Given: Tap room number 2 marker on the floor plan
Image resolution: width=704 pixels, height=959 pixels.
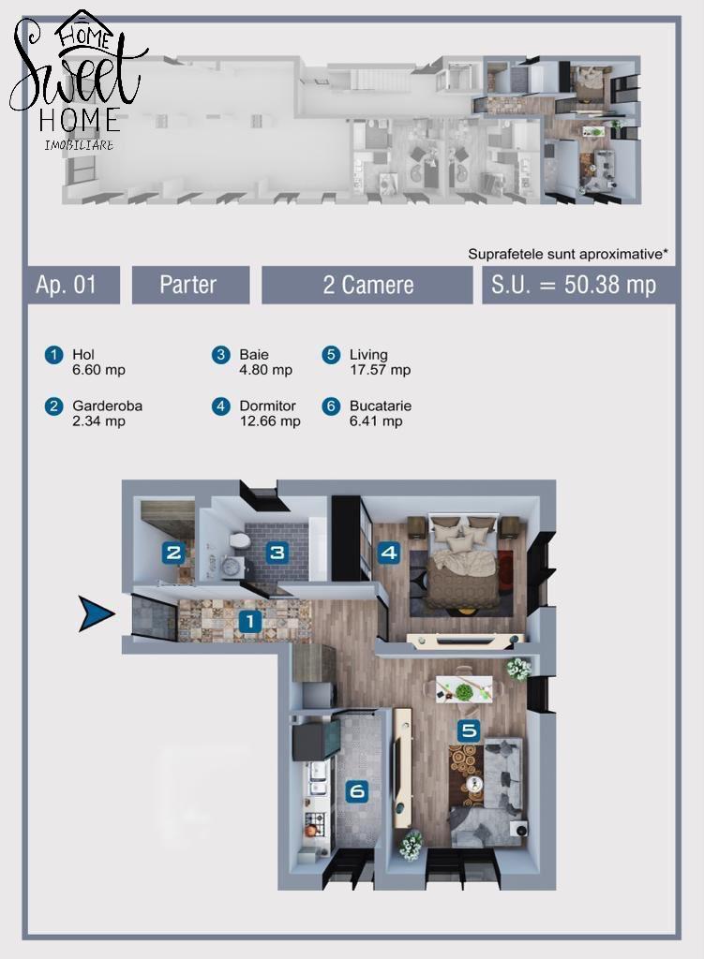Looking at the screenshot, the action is (173, 553).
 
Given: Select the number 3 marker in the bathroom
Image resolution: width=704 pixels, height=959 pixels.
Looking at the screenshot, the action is (277, 553).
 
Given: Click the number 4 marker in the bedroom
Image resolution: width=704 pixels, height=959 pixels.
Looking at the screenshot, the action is (389, 553).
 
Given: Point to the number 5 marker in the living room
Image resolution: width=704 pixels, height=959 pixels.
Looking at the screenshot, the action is (469, 730).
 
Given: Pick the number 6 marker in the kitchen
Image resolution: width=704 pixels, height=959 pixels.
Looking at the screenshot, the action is (357, 792).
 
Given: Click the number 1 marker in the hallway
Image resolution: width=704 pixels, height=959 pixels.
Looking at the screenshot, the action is (249, 622).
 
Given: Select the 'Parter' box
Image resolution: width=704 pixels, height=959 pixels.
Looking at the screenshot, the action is (190, 285).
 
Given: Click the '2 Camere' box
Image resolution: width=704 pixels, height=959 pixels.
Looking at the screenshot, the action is (367, 285).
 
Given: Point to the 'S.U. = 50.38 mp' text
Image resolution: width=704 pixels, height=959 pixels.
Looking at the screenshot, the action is (574, 285).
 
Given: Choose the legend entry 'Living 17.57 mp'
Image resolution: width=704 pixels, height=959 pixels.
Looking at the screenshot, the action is (367, 362).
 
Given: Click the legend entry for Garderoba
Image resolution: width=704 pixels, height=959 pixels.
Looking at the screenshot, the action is (93, 413).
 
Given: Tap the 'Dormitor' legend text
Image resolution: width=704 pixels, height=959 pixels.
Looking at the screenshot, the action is (267, 406).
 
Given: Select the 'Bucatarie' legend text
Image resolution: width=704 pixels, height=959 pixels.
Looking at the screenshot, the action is (381, 406).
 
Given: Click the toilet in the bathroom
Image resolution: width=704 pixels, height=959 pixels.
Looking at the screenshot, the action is (239, 540).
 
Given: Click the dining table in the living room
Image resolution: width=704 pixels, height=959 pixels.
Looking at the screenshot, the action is (464, 689).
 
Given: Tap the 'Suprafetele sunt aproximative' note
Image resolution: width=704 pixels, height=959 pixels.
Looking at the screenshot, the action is (567, 254).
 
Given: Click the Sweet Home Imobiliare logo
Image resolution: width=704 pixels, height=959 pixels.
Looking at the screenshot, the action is (77, 80).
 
